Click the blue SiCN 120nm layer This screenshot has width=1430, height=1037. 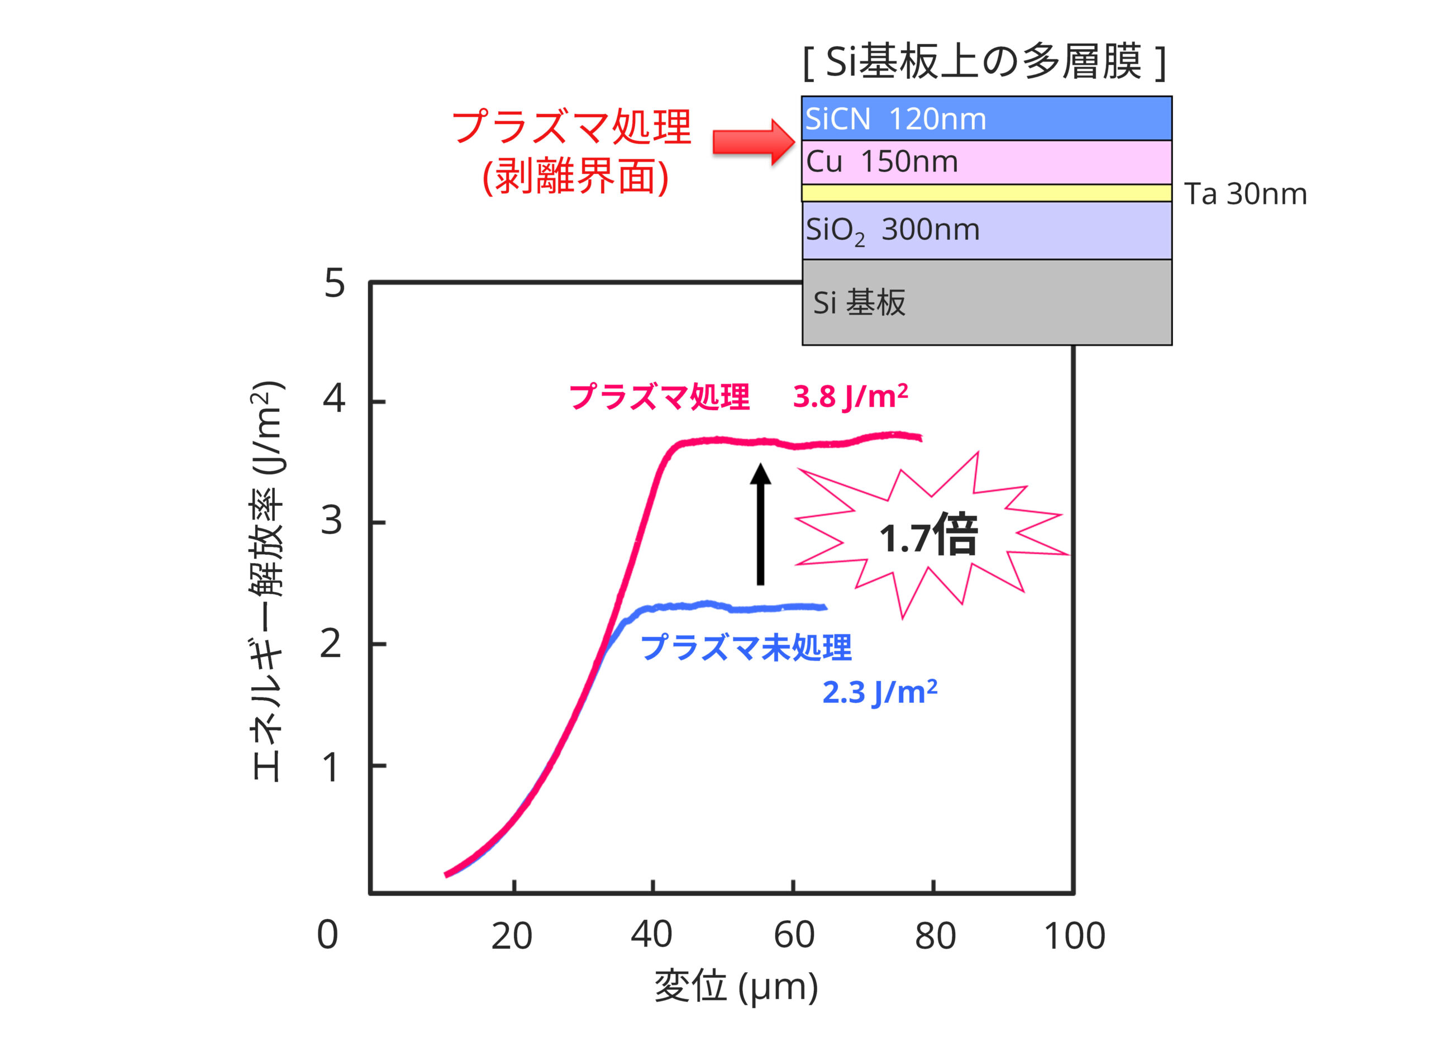[986, 118]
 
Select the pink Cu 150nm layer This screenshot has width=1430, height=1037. [986, 162]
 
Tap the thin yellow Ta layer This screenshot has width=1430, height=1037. [986, 193]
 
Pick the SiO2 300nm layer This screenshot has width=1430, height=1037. [986, 230]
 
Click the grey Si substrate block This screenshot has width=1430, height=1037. [986, 303]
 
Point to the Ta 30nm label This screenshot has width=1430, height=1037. [1245, 194]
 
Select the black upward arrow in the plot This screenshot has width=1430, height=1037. [760, 524]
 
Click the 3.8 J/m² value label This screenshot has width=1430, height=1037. [850, 397]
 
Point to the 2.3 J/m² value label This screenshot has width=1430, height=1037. [880, 692]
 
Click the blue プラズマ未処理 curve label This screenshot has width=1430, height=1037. [746, 648]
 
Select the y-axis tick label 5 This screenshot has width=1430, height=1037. [334, 283]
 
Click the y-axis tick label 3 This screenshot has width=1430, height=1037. [332, 522]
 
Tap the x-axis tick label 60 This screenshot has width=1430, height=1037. [794, 935]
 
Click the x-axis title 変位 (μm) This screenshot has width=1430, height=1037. [736, 987]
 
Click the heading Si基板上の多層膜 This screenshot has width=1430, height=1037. [984, 62]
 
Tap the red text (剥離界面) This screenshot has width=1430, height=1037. [575, 176]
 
